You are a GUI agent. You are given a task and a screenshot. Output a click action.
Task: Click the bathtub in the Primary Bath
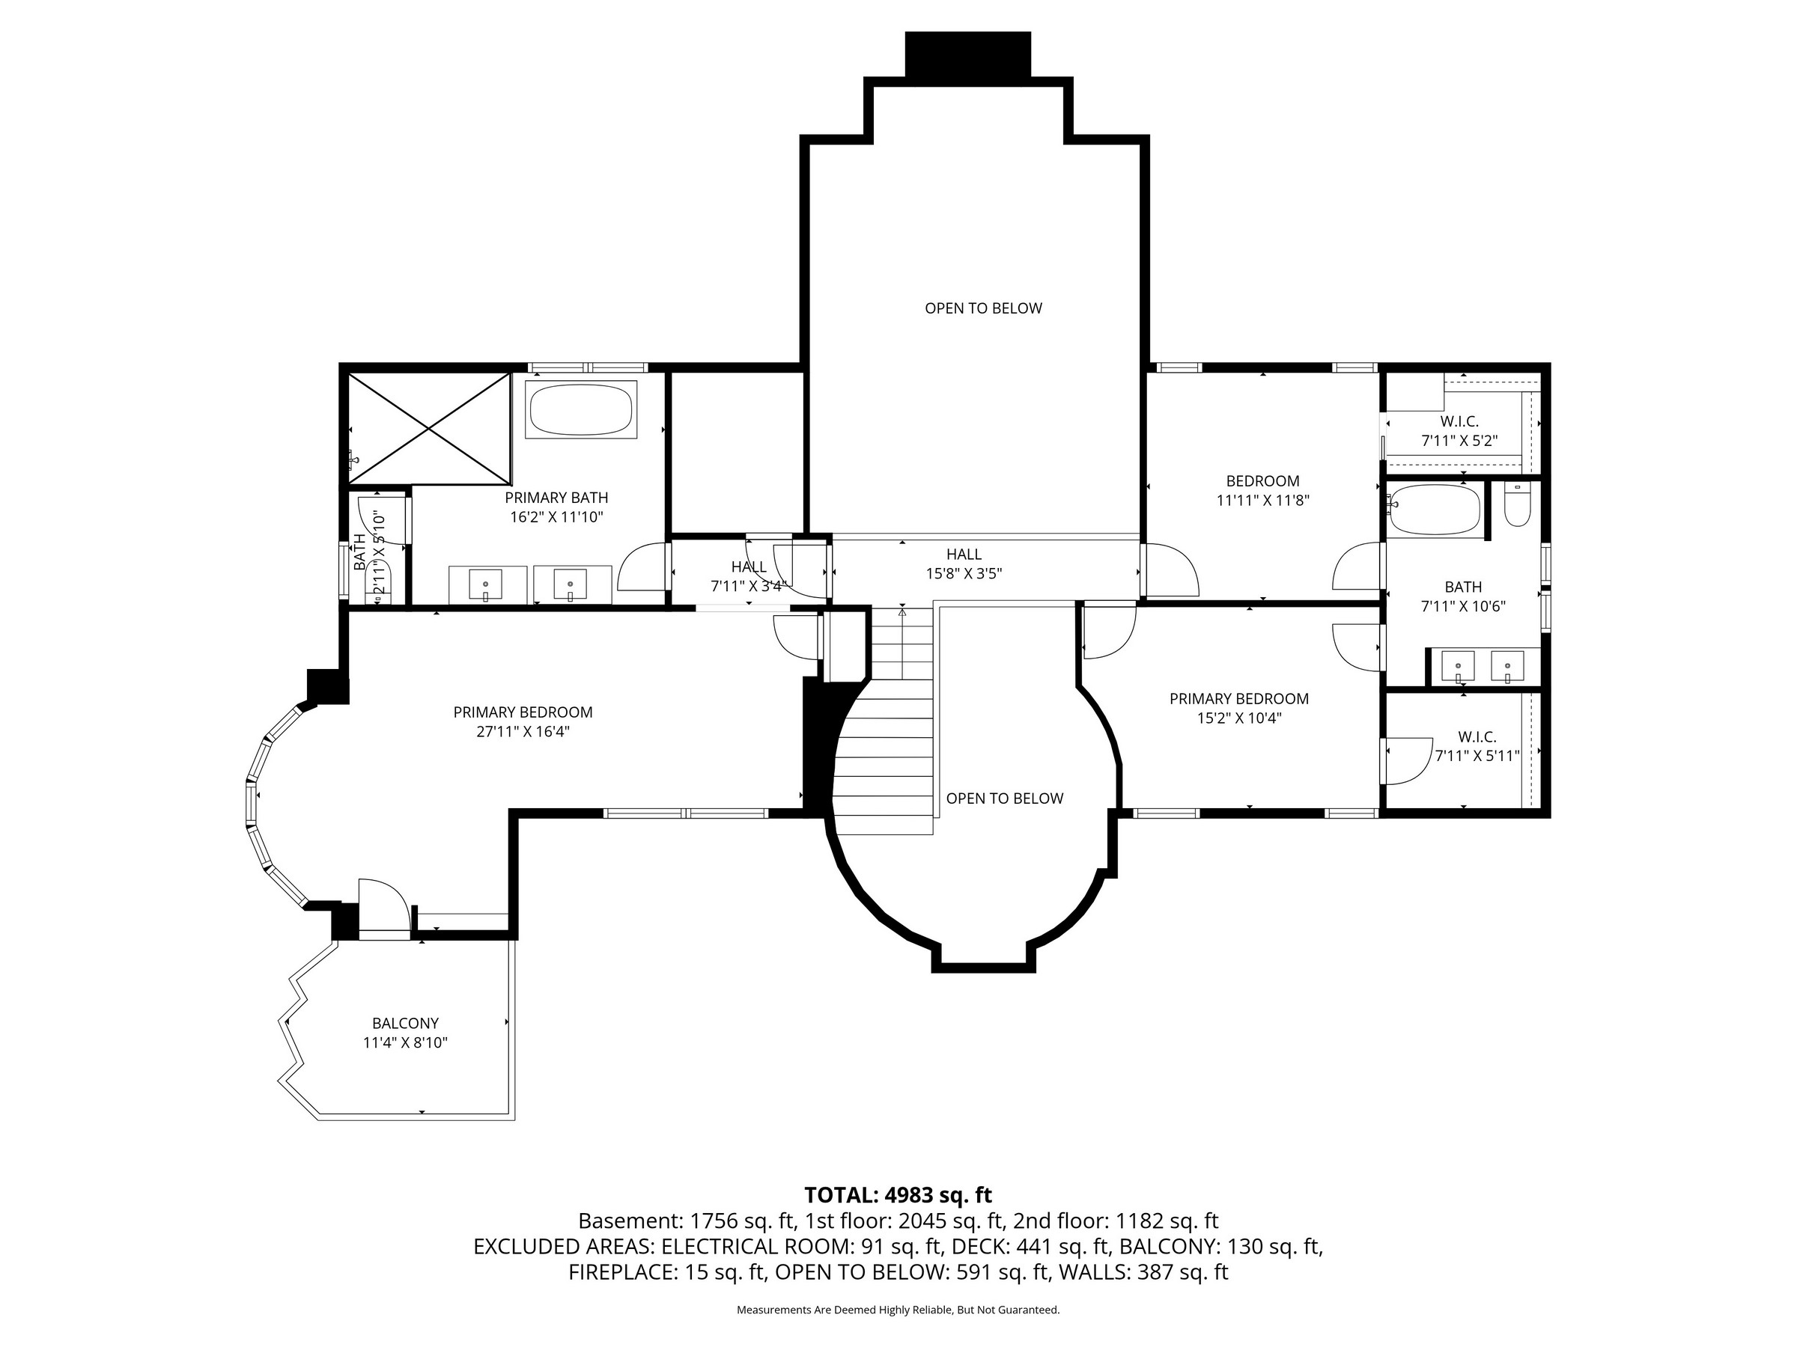click(581, 410)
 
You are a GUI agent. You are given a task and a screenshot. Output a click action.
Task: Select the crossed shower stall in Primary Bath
click(429, 428)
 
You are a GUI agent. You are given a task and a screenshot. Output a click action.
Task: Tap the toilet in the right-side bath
click(1517, 505)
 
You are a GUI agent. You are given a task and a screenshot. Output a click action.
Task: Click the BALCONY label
click(405, 1024)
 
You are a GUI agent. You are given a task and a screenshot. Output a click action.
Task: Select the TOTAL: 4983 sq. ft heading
click(898, 1195)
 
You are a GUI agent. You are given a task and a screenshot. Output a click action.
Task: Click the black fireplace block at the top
click(967, 55)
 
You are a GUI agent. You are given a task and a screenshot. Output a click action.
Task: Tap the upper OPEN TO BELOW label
click(983, 308)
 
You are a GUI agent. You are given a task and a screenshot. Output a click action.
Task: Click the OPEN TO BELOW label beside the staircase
click(1004, 799)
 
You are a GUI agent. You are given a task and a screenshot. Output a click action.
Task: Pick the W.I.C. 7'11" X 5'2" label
click(1459, 431)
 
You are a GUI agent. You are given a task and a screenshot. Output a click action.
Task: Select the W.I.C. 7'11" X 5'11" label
click(1477, 746)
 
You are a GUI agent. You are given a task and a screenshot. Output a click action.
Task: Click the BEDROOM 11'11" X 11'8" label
click(1262, 490)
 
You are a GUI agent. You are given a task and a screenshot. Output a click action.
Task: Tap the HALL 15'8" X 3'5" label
click(964, 563)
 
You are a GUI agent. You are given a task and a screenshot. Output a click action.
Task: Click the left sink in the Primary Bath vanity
click(486, 584)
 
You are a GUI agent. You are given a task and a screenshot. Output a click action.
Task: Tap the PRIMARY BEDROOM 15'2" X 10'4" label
click(1239, 708)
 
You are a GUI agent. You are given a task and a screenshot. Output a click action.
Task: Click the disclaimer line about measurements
click(898, 1310)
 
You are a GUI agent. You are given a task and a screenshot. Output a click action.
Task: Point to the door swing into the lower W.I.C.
click(1407, 762)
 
